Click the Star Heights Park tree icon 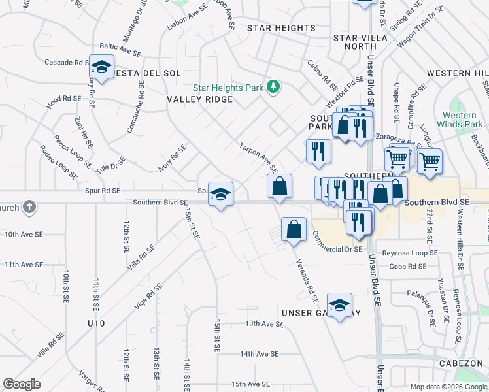[x=275, y=88]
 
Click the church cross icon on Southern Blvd [x=29, y=207]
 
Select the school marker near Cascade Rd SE [x=101, y=67]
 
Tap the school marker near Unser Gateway [x=339, y=306]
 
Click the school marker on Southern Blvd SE [x=221, y=193]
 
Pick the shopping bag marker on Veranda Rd [x=294, y=229]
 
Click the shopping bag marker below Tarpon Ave [x=279, y=187]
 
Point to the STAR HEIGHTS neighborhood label [x=281, y=28]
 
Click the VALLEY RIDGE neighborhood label [x=200, y=99]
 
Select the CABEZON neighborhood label [x=461, y=364]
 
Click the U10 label [x=95, y=323]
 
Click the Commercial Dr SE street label [x=337, y=249]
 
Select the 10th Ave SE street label [x=24, y=234]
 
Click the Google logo [x=22, y=384]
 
